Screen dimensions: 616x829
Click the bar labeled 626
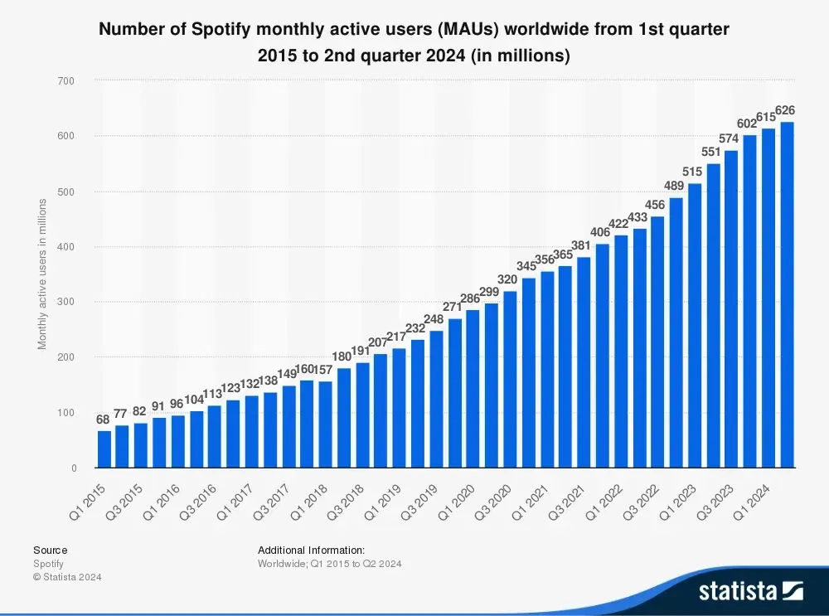tap(787, 295)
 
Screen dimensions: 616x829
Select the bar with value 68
tap(104, 449)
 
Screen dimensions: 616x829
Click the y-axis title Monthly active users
tap(42, 274)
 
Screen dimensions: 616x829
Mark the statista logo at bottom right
tap(750, 590)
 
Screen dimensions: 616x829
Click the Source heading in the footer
tap(51, 550)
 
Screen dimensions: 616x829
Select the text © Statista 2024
tap(67, 577)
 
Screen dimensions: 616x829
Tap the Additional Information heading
tap(311, 550)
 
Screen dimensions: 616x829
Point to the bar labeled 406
tap(603, 356)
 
